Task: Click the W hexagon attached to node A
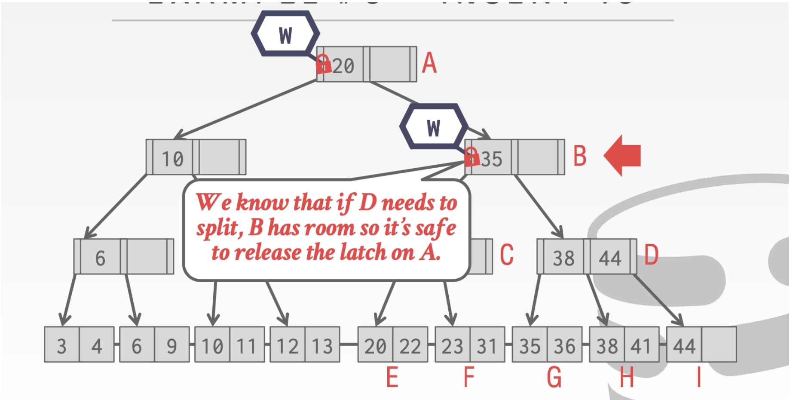point(285,34)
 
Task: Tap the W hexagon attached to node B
point(433,127)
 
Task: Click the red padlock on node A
point(323,64)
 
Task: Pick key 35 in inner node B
point(492,159)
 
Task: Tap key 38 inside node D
point(563,258)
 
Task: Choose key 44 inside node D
point(610,258)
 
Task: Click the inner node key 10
point(172,159)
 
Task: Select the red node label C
point(507,254)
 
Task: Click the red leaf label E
point(392,377)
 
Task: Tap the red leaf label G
point(554,377)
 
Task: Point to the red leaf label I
point(699,377)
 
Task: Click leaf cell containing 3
point(62,345)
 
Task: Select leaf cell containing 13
point(322,345)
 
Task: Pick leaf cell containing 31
point(487,345)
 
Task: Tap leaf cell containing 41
point(641,345)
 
